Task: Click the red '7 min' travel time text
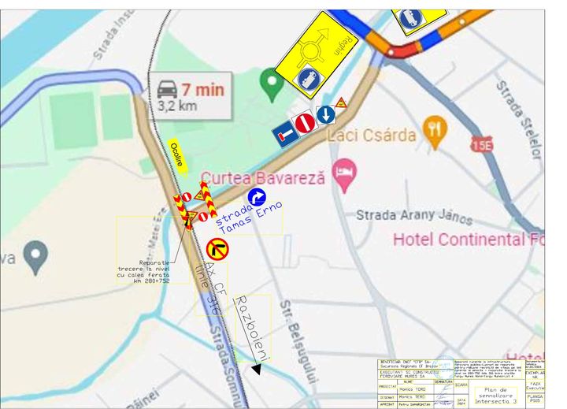[x=203, y=90]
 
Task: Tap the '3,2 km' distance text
[x=177, y=105]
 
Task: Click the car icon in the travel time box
[x=168, y=88]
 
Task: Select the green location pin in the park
[x=272, y=82]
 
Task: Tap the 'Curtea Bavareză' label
[x=262, y=179]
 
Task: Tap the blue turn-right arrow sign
[x=257, y=198]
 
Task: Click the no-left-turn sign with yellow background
[x=217, y=249]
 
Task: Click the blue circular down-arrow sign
[x=325, y=115]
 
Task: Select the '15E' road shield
[x=480, y=144]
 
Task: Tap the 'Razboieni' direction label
[x=252, y=329]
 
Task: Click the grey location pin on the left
[x=35, y=256]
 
